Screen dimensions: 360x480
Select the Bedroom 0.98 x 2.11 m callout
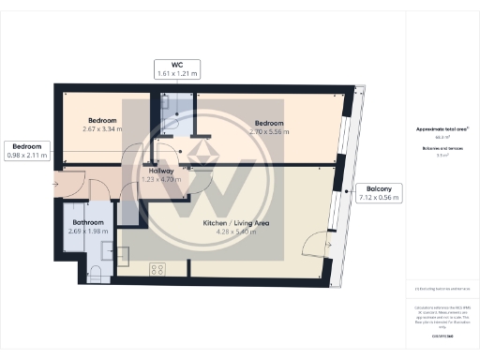coord(27,150)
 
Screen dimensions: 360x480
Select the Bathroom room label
coord(87,222)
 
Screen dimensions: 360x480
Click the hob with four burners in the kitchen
coord(157,269)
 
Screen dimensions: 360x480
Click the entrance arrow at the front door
coord(58,184)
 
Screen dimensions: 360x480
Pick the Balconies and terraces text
coord(440,147)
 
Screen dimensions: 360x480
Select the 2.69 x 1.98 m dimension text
coord(87,229)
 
